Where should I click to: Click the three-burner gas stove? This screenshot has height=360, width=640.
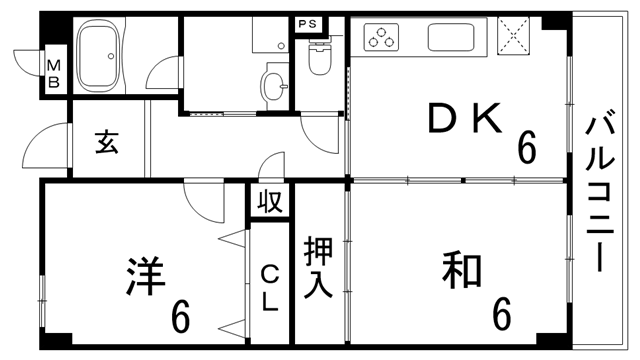pos(381,38)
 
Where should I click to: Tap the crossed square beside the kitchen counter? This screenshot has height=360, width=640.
pos(512,37)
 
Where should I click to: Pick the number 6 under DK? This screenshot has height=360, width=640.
pos(526,150)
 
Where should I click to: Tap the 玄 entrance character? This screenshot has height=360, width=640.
pos(107,144)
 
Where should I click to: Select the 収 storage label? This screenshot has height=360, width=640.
pos(269,201)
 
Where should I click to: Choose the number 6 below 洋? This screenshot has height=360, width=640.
pos(180,318)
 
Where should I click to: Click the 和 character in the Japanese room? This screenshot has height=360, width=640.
pos(463,270)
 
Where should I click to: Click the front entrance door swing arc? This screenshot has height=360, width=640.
pos(38,150)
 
